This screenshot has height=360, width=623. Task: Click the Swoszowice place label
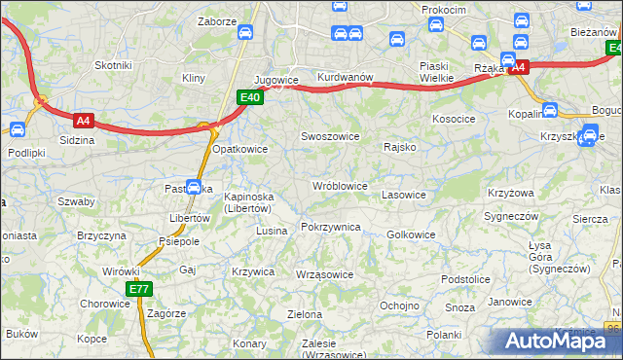[329, 137]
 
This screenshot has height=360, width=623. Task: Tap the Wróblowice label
[339, 186]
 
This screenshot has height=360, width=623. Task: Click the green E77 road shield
[138, 289]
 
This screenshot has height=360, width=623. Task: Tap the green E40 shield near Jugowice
[249, 97]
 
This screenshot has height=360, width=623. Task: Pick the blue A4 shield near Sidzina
[84, 121]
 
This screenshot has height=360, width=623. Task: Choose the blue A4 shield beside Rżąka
[518, 67]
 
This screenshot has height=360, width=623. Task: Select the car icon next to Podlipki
[17, 127]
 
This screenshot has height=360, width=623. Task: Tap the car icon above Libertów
[194, 187]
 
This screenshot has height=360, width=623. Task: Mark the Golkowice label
[411, 234]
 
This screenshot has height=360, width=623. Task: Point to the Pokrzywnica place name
[331, 227]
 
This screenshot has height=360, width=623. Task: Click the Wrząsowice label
[324, 274]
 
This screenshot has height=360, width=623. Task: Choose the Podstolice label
[464, 279]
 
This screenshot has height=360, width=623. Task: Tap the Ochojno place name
[399, 305]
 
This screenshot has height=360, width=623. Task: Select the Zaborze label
[217, 20]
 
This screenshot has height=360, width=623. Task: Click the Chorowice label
[104, 303]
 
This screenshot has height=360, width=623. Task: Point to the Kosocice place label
[453, 118]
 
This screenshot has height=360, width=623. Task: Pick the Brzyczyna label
[101, 235]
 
